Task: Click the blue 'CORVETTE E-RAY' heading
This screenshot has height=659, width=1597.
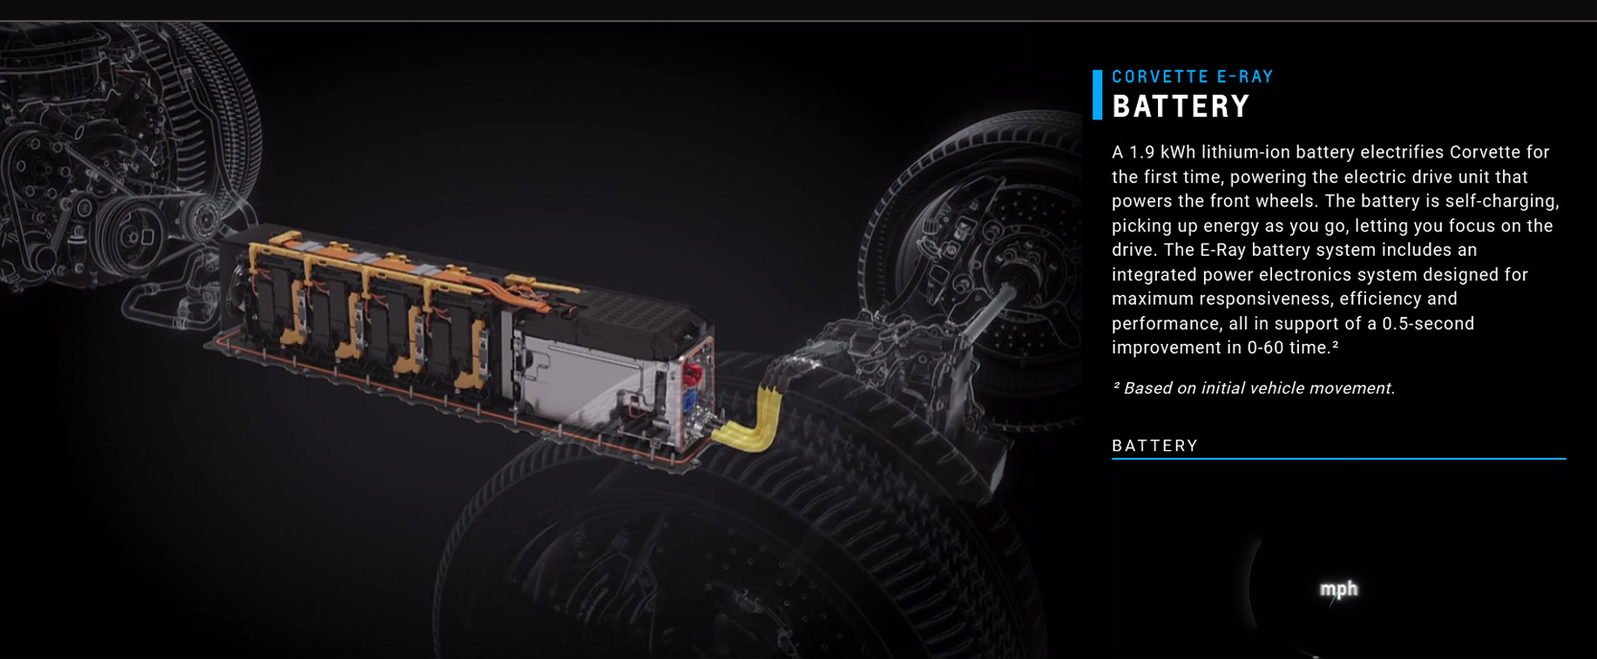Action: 1193,77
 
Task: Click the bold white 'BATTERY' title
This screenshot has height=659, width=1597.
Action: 1181,106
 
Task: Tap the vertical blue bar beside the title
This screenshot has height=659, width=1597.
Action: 1097,94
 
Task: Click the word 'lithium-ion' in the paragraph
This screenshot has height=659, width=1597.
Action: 1246,152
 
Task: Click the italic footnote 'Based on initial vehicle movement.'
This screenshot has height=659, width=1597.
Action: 1259,388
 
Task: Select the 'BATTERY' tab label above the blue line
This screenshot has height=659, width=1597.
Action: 1155,446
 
